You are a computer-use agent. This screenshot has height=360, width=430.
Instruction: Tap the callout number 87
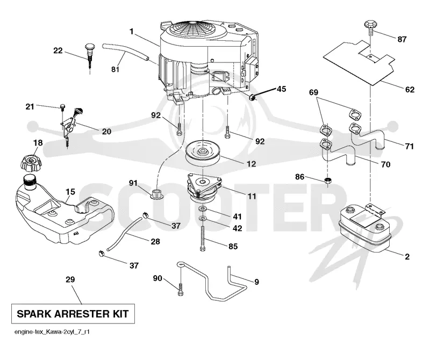click(x=402, y=39)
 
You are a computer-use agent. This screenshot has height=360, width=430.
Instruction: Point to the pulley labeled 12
click(x=203, y=154)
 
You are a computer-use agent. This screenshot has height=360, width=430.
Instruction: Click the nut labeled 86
click(x=328, y=181)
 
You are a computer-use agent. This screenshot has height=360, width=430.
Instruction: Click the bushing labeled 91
click(x=157, y=194)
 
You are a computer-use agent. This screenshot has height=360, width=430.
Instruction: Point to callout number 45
click(x=281, y=89)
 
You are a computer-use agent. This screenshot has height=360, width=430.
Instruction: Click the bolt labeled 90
click(x=181, y=289)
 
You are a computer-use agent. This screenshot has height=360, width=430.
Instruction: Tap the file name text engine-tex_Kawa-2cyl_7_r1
click(x=52, y=332)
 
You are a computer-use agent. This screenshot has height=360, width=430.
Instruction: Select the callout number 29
click(x=70, y=279)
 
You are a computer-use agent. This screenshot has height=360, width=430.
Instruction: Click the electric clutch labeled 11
click(x=204, y=188)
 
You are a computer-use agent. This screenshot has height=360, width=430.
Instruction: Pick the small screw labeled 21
click(x=62, y=107)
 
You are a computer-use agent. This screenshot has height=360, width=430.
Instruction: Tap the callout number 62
click(x=410, y=90)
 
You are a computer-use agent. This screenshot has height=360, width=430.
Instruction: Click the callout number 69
click(x=313, y=92)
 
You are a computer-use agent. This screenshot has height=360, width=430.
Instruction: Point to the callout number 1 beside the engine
click(x=132, y=32)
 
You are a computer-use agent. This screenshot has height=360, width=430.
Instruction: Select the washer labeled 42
click(x=203, y=219)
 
